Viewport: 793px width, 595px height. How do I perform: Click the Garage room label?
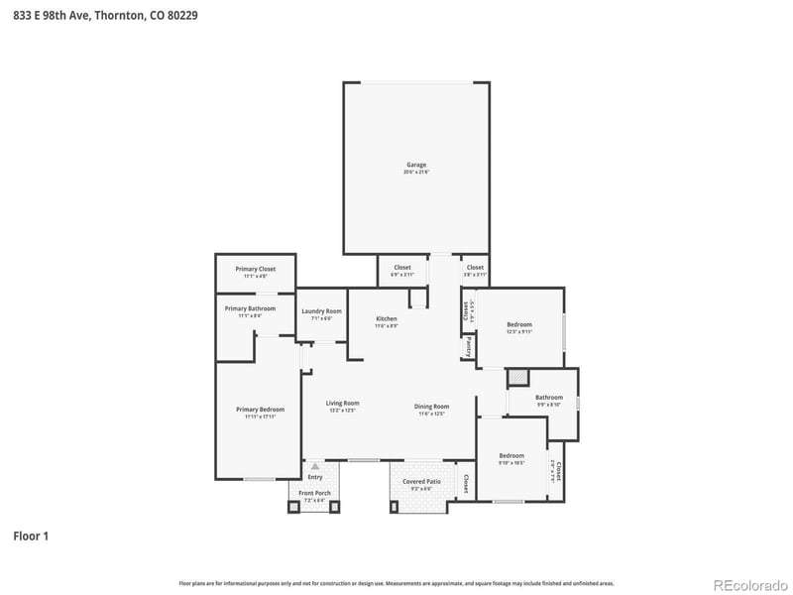coord(415,165)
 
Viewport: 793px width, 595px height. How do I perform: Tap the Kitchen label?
coord(386,318)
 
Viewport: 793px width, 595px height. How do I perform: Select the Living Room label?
coord(343,403)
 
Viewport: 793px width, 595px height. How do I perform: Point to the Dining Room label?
coord(431,406)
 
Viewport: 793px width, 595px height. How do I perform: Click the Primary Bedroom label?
coord(260,410)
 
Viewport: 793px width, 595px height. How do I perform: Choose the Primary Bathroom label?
coord(250,308)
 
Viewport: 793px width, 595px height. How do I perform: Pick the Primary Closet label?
coord(255,269)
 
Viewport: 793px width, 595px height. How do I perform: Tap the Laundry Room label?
coord(321,311)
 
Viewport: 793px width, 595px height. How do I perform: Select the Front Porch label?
coord(314,493)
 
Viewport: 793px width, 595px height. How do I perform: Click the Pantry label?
coord(468,346)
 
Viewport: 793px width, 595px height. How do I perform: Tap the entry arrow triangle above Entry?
coord(315,464)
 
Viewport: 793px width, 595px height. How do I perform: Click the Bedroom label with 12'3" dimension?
coord(519,324)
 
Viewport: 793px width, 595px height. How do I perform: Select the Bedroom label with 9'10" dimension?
coord(511,455)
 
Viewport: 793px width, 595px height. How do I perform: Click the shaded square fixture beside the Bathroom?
coord(517,378)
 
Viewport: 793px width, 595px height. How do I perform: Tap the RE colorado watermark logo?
coord(746,583)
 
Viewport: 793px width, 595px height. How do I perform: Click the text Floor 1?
coord(31,536)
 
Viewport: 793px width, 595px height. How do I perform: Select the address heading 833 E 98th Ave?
coord(98,15)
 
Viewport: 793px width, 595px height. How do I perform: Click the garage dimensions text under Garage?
coord(415,173)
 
